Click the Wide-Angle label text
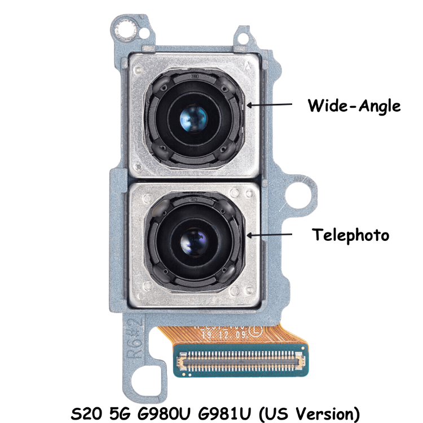pyautogui.click(x=354, y=105)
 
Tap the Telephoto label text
pyautogui.click(x=351, y=235)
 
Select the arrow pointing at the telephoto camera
pyautogui.click(x=270, y=233)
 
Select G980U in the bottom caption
pyautogui.click(x=163, y=413)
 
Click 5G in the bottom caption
pyautogui.click(x=118, y=413)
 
